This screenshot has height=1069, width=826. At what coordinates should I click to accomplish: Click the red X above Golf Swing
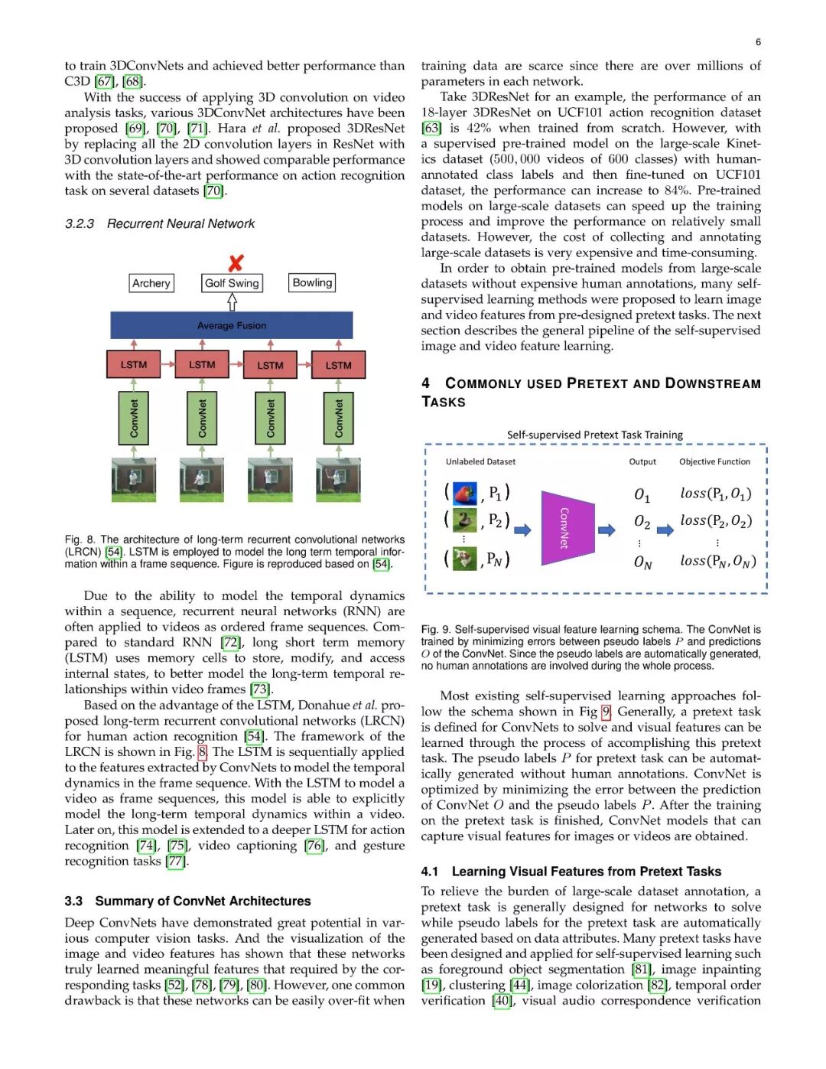[236, 262]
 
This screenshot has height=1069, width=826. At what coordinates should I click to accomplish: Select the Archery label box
[151, 283]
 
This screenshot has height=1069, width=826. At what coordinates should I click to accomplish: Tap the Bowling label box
[312, 282]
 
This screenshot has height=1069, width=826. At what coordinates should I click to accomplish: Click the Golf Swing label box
[232, 283]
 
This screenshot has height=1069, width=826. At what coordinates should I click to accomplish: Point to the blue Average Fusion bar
[232, 325]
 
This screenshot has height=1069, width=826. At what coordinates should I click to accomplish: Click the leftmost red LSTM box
[134, 364]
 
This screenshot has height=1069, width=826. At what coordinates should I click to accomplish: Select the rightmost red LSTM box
[338, 364]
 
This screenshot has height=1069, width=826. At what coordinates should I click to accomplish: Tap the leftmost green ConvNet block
[134, 418]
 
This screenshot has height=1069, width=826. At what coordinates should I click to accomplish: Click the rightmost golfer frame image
[338, 480]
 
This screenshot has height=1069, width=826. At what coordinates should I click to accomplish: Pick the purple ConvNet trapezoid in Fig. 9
[567, 528]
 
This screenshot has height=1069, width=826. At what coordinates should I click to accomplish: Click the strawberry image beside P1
[464, 493]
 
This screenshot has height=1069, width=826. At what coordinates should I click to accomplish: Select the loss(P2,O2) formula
[716, 521]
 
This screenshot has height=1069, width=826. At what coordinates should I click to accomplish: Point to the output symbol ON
[642, 562]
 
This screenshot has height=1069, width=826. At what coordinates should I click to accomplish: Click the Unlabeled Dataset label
[480, 462]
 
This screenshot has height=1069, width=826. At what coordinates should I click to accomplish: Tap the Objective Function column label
[714, 462]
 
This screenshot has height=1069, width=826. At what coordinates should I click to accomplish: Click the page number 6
[758, 42]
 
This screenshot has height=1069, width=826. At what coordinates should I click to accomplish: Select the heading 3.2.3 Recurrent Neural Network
[160, 223]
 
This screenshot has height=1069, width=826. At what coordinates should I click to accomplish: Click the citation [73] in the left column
[260, 689]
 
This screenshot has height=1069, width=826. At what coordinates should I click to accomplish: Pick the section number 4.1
[430, 872]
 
